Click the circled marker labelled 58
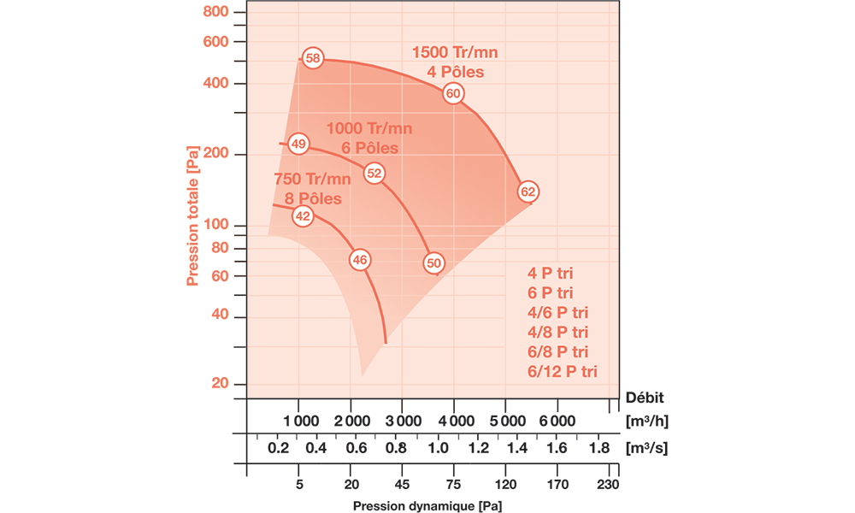pyautogui.click(x=313, y=58)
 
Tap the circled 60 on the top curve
pyautogui.click(x=453, y=93)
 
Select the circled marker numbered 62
pyautogui.click(x=528, y=192)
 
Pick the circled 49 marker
pyautogui.click(x=298, y=144)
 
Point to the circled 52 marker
pyautogui.click(x=374, y=173)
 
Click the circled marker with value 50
pyautogui.click(x=433, y=262)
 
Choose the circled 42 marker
pyautogui.click(x=303, y=216)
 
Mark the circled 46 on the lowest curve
pyautogui.click(x=360, y=259)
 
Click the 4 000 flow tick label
pyautogui.click(x=453, y=421)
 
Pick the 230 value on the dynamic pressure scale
pyautogui.click(x=608, y=483)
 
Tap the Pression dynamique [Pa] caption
pyautogui.click(x=427, y=505)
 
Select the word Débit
pyautogui.click(x=646, y=397)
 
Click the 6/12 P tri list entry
pyautogui.click(x=563, y=371)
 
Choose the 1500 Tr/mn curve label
pyautogui.click(x=454, y=52)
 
